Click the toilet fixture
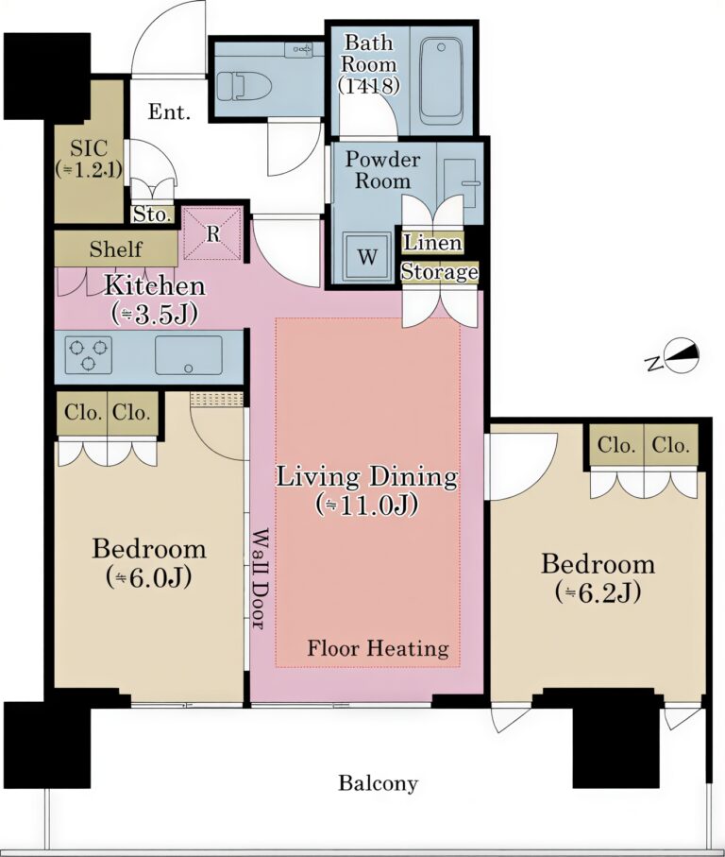pyautogui.click(x=244, y=86)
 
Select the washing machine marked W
pyautogui.click(x=367, y=256)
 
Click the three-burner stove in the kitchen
pyautogui.click(x=89, y=355)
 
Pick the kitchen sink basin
pyautogui.click(x=189, y=355)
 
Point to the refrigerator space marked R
pyautogui.click(x=212, y=233)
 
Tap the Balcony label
pyautogui.click(x=378, y=783)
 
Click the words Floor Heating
pyautogui.click(x=378, y=648)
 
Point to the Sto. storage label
pyautogui.click(x=151, y=214)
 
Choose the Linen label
pyautogui.click(x=432, y=242)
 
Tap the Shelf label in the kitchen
pyautogui.click(x=116, y=249)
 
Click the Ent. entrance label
pyautogui.click(x=169, y=112)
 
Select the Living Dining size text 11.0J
pyautogui.click(x=367, y=505)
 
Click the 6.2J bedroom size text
pyautogui.click(x=598, y=591)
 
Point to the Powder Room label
pyautogui.click(x=382, y=170)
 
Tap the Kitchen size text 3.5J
pyautogui.click(x=155, y=315)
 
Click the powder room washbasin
pyautogui.click(x=460, y=182)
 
